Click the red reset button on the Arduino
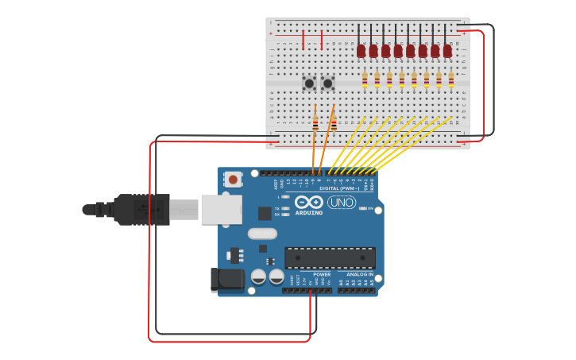point(233,180)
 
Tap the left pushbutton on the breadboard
point(309,83)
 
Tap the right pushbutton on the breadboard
point(327,83)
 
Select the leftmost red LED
point(361,51)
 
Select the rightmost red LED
point(447,51)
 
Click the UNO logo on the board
point(342,203)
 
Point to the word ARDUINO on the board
point(309,213)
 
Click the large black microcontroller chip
point(330,257)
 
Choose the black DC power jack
point(228,278)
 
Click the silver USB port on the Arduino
point(222,209)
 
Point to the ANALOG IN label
point(359,274)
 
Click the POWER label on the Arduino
point(322,274)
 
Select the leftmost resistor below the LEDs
point(365,79)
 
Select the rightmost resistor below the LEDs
point(451,79)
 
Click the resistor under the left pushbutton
point(315,122)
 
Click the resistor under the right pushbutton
point(334,122)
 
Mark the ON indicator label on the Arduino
point(370,208)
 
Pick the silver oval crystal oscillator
point(262,234)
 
